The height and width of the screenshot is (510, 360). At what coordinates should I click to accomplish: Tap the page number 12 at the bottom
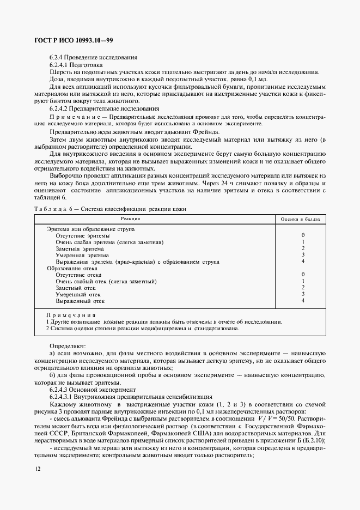pos(36,469)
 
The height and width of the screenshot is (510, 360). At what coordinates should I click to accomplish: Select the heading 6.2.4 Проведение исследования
pos(93,58)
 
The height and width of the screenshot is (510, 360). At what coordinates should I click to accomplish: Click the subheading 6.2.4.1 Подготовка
pos(80,65)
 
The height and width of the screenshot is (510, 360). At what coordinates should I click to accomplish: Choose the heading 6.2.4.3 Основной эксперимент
pos(93,390)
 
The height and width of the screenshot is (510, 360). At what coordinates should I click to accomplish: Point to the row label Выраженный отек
pos(80,301)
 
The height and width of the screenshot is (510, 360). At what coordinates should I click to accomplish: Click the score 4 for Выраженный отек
pos(303,301)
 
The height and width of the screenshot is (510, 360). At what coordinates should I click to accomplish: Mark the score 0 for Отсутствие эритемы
pos(303,235)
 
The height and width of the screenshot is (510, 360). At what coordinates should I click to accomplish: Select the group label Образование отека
pos(72,268)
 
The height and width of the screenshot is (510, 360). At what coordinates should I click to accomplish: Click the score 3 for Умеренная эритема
pos(303,255)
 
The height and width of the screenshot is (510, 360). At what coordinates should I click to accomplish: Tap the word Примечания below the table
pos(71,315)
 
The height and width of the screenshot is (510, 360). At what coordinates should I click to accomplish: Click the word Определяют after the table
pos(68,346)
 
